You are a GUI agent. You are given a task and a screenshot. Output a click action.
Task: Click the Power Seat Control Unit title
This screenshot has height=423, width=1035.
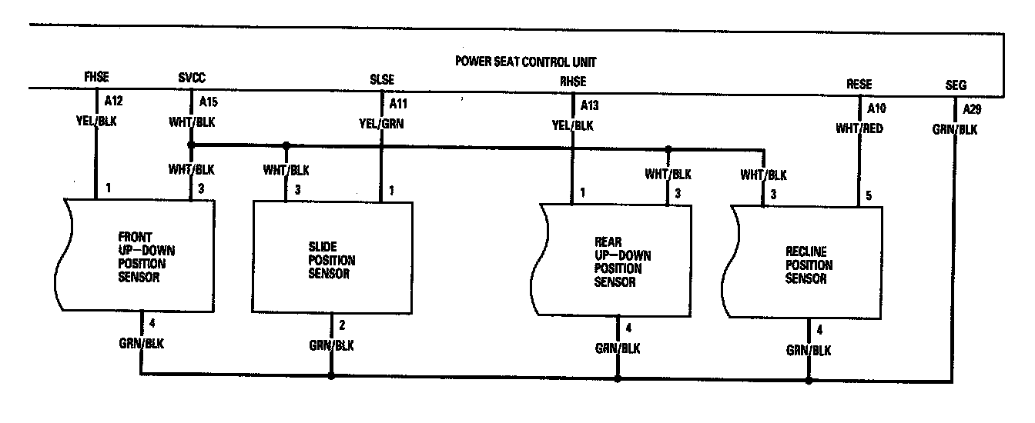526,62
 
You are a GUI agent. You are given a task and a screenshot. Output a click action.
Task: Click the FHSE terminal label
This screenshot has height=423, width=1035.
96,78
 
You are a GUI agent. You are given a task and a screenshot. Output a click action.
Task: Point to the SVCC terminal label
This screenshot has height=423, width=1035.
191,78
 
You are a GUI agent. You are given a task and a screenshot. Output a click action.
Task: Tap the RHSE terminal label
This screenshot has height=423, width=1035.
573,81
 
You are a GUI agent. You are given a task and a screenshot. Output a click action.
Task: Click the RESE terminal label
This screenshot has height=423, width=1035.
859,85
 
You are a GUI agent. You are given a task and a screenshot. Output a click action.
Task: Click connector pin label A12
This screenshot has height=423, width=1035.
112,101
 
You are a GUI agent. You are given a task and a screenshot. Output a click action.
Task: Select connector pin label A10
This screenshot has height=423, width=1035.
876,108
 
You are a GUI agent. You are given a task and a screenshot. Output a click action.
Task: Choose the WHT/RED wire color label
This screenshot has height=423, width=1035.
859,128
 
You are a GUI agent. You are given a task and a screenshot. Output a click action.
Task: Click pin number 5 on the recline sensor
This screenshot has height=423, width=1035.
869,196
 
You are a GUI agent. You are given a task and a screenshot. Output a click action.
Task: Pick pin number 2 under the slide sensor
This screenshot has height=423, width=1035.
341,324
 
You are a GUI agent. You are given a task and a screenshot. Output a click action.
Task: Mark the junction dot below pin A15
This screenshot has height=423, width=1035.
191,145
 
